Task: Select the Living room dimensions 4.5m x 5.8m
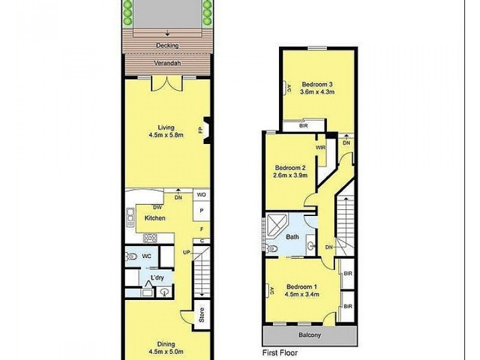point(166,135)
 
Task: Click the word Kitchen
point(155,218)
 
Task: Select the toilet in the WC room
point(133,256)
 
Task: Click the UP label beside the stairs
point(187,252)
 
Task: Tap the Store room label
point(202,314)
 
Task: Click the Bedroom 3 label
point(318,84)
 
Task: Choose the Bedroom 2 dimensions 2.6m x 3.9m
point(291,176)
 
